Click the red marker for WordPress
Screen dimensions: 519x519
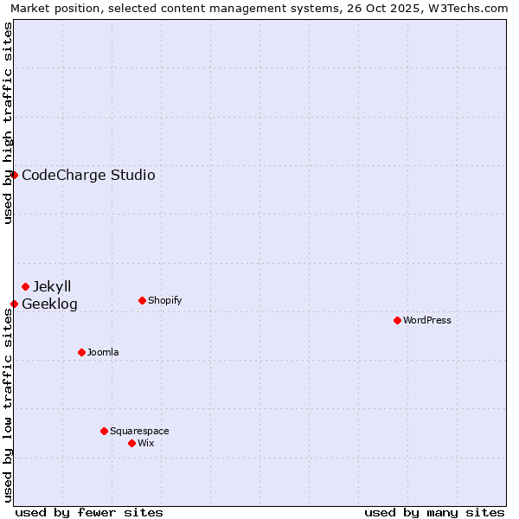(x=397, y=320)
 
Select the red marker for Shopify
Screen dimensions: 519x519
(x=142, y=300)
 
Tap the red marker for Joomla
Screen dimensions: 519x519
(x=81, y=352)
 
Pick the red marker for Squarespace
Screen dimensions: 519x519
(x=104, y=431)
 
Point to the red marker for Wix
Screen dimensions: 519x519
(x=131, y=443)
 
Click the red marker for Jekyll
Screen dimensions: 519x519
(x=25, y=286)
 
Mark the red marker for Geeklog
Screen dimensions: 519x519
(x=14, y=304)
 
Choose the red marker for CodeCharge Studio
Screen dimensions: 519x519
(x=14, y=175)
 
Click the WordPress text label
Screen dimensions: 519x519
(x=427, y=320)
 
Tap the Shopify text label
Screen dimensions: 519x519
(x=164, y=300)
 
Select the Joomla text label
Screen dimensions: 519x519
(x=103, y=352)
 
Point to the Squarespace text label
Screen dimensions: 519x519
(x=139, y=431)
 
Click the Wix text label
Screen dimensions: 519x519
(x=146, y=443)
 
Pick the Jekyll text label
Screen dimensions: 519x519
(x=52, y=286)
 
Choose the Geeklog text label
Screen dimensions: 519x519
(x=49, y=304)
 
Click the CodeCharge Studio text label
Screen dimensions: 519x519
(x=88, y=175)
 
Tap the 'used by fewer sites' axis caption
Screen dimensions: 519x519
(x=89, y=512)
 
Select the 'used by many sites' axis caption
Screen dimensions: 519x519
(x=434, y=512)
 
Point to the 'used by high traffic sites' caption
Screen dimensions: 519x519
(x=8, y=123)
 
